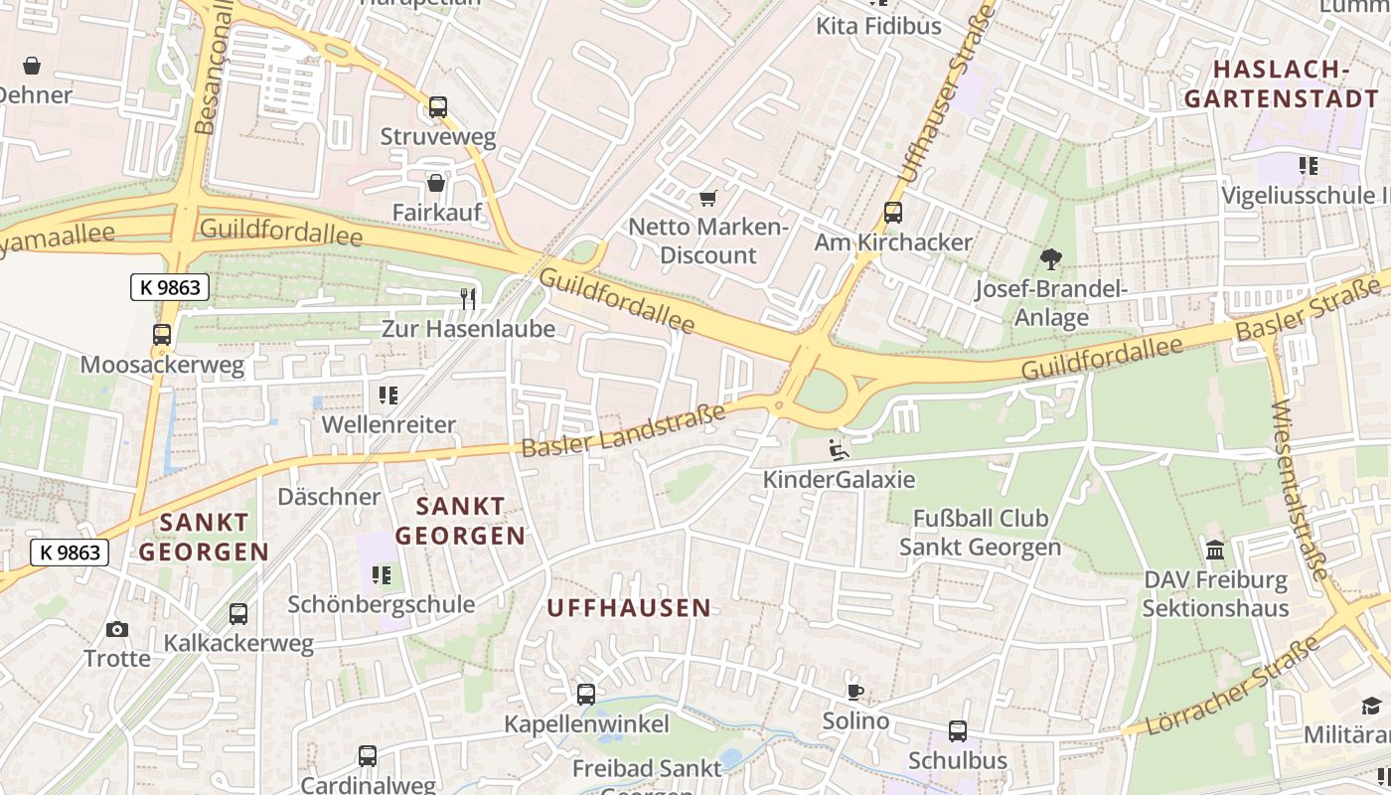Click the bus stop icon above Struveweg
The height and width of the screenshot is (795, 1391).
[x=437, y=107]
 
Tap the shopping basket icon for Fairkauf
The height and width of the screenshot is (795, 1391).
[x=435, y=183]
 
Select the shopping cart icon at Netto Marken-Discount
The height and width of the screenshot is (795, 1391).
[x=707, y=199]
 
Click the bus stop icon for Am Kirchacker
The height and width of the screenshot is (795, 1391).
[x=892, y=212]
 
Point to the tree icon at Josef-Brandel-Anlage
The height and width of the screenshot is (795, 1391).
[x=1050, y=260]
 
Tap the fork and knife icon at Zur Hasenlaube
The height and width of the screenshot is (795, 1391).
[x=468, y=298]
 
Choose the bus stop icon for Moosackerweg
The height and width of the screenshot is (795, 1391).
[x=161, y=335]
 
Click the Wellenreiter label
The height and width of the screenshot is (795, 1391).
[x=388, y=424]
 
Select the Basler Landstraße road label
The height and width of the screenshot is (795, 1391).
[x=623, y=429]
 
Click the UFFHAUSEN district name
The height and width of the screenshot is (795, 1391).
[x=629, y=608]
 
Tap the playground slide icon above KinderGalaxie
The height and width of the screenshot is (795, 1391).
[x=839, y=450]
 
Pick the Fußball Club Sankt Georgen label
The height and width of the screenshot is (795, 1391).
[x=980, y=533]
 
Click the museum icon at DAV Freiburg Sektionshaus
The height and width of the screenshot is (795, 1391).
[x=1214, y=550]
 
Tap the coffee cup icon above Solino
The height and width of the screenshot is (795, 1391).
[x=854, y=692]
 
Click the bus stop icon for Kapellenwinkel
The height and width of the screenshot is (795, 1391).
[x=586, y=695]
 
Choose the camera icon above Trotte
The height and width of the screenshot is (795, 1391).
[x=116, y=629]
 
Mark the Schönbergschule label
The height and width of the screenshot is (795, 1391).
[x=381, y=604]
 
